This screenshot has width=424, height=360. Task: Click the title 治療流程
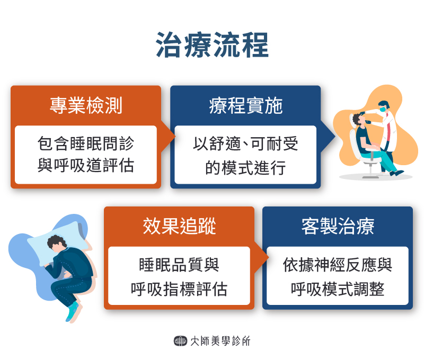tap(212, 46)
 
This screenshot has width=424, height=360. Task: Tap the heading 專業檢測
tap(86, 106)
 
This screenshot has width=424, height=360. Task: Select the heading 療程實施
tap(245, 106)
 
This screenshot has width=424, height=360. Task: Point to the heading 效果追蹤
tap(179, 227)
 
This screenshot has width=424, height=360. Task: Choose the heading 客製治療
tap(338, 227)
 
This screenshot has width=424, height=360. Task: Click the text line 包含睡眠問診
tap(86, 143)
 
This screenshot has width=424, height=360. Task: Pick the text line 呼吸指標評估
tap(179, 289)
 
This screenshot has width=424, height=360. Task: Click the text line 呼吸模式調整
tap(338, 289)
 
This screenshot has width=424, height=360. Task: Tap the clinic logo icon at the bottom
tap(180, 341)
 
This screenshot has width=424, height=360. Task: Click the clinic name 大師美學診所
tap(220, 341)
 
